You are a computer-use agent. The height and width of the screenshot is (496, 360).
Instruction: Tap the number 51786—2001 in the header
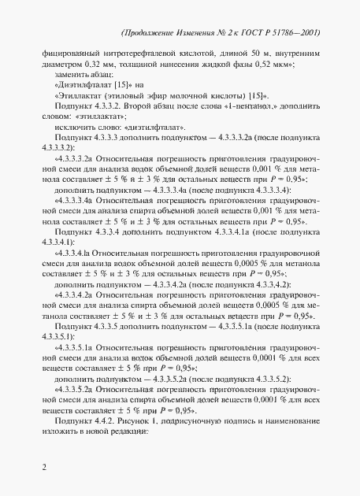[306, 34]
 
